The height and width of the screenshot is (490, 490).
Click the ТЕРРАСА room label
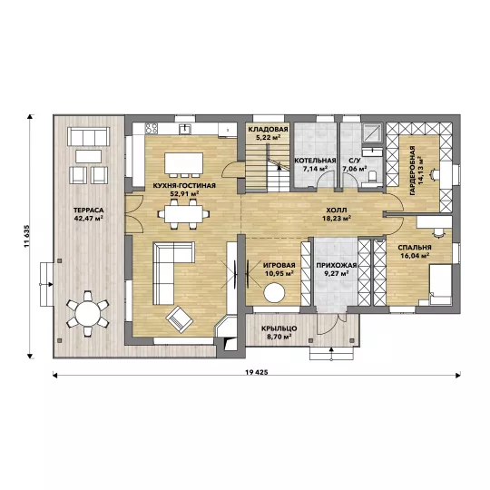pos(88,211)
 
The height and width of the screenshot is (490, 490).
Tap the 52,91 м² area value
pos(184,193)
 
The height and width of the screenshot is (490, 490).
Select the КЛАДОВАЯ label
pos(268,130)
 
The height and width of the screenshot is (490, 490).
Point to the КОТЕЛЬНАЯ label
pos(315,161)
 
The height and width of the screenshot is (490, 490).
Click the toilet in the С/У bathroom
pos(372,176)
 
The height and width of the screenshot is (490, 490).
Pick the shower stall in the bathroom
pos(373,133)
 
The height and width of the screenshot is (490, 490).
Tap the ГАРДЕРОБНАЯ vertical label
pos(413,171)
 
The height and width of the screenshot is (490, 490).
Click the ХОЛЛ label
pos(337,211)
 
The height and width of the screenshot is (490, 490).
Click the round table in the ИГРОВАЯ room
pos(274,292)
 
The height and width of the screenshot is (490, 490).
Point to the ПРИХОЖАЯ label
pos(337,266)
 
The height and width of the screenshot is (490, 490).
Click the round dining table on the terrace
pos(88,313)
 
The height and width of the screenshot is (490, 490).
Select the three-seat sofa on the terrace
pos(88,136)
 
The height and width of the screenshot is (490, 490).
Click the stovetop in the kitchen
pos(152,129)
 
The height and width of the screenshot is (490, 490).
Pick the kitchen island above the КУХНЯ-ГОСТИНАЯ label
pos(183,162)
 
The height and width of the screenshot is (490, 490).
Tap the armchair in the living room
pos(180,319)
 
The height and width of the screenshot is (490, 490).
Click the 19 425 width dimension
pos(257,372)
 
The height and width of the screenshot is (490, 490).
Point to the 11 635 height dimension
pos(27,236)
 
